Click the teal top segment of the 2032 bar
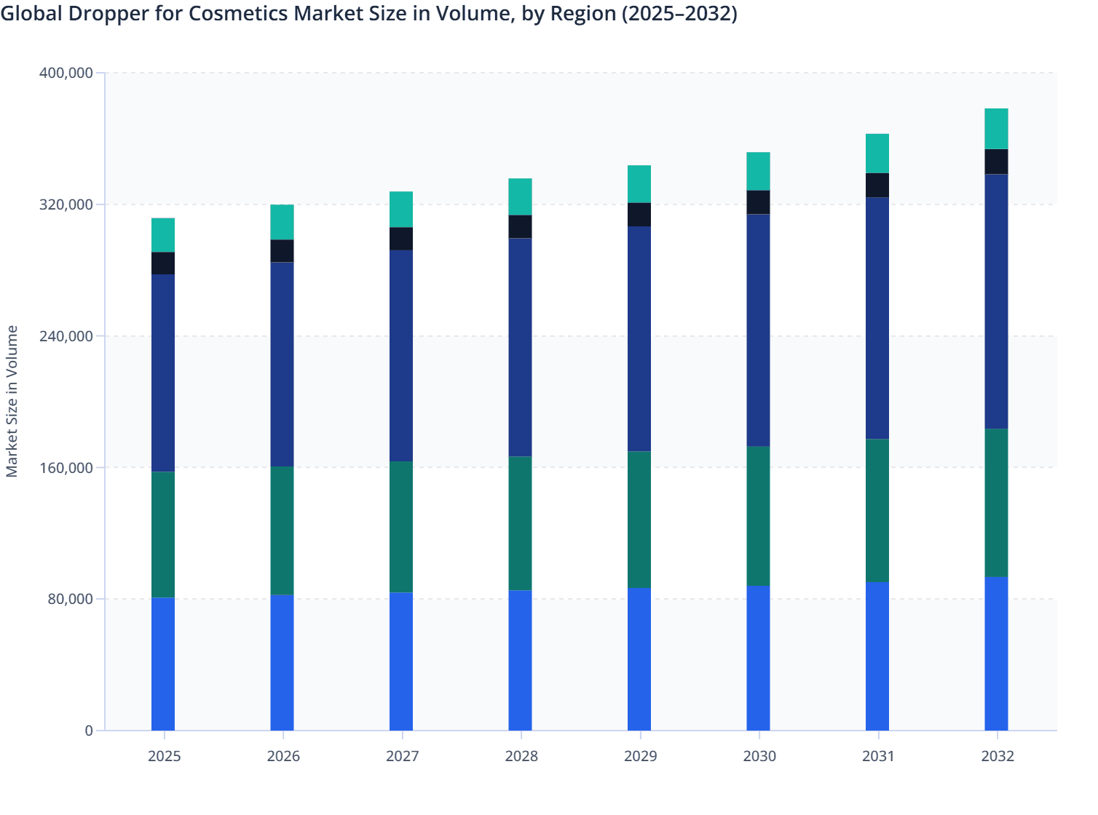pos(996,129)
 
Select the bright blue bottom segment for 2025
pos(163,664)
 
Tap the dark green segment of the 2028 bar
pos(520,523)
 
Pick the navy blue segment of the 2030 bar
pos(758,330)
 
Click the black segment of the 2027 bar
pos(401,239)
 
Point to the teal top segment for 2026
pos(282,222)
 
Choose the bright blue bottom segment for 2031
pos(877,656)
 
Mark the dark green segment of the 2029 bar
pos(639,520)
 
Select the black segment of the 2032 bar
pos(996,162)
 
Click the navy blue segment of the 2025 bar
pos(163,373)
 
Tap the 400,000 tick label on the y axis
pos(66,73)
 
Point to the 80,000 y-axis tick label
pos(68,599)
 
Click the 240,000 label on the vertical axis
pos(66,336)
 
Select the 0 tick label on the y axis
pos(89,731)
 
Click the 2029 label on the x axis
pos(640,756)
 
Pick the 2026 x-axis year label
pos(283,756)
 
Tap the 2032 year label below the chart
pos(997,756)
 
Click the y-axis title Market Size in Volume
pos(12,401)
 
